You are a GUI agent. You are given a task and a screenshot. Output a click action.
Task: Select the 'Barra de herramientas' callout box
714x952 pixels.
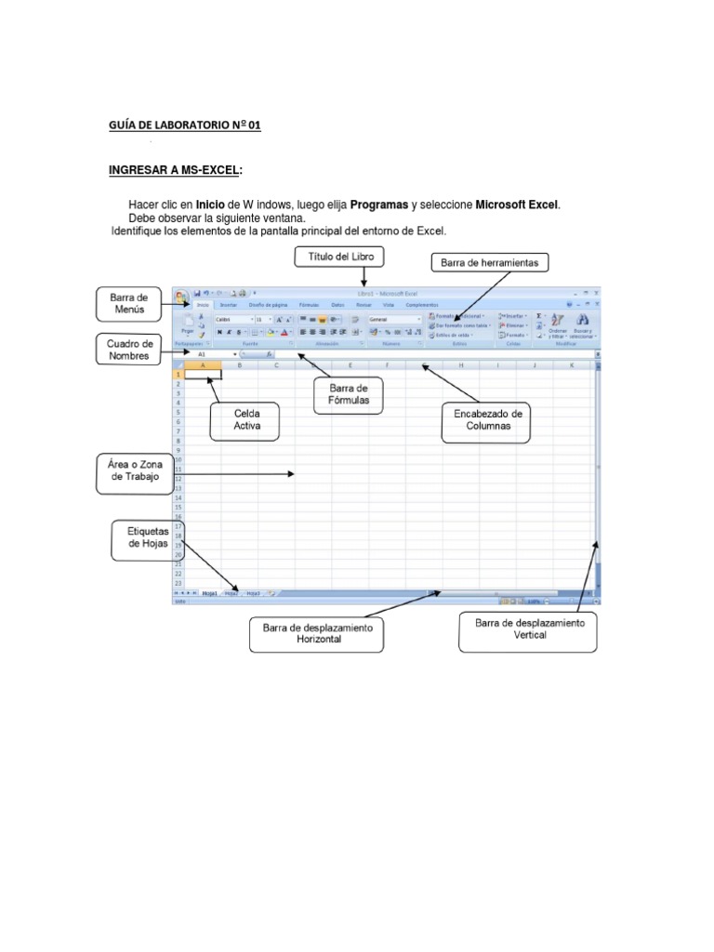coord(489,262)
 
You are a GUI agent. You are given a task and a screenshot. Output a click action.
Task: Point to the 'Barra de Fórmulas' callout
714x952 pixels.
coord(350,393)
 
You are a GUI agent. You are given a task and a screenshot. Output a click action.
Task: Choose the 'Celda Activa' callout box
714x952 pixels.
coord(246,420)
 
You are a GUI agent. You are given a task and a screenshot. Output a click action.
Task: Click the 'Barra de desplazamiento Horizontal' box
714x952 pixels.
coord(317,635)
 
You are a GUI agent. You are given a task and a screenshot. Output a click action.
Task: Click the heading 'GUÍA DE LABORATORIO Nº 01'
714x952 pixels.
coord(186,126)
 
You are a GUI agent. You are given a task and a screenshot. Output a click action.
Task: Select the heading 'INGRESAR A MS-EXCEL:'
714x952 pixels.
coord(176,170)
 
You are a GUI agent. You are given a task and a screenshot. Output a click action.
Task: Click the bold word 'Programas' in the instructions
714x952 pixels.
coord(379,205)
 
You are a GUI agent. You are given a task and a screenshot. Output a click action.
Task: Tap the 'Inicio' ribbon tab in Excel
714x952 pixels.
coord(203,304)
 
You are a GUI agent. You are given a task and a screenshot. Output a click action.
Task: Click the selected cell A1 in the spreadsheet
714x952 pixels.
coord(204,374)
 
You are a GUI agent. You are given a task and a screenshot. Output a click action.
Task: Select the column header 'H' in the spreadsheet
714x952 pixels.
coord(460,364)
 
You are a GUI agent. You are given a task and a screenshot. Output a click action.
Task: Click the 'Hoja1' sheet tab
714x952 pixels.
coord(208,592)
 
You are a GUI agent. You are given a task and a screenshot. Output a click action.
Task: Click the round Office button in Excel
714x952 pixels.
coord(180,296)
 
